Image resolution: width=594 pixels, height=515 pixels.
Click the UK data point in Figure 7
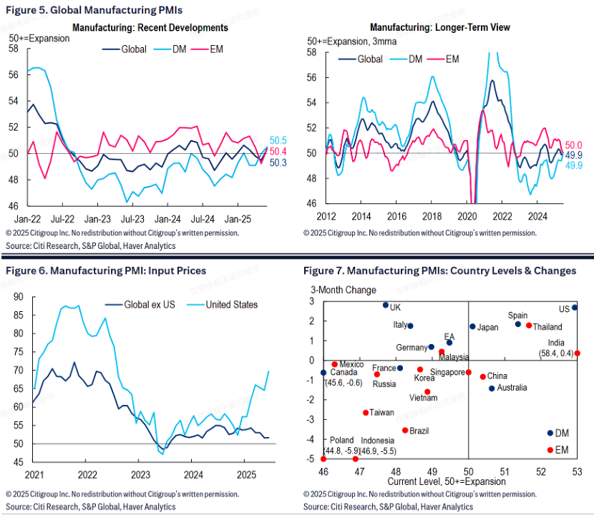coord(385,305)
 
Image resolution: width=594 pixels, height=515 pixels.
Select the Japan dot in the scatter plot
coord(472,327)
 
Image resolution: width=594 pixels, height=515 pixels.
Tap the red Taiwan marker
coord(366,413)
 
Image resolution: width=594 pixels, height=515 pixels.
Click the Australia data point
coord(492,388)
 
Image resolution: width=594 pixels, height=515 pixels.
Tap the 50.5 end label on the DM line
coord(278,141)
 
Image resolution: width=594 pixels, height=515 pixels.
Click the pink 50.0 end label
coord(574,144)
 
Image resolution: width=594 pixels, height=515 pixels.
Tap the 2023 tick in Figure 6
coord(140,474)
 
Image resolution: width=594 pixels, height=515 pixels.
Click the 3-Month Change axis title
coord(343,290)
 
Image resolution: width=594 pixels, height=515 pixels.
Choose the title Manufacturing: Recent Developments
coord(150,28)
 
